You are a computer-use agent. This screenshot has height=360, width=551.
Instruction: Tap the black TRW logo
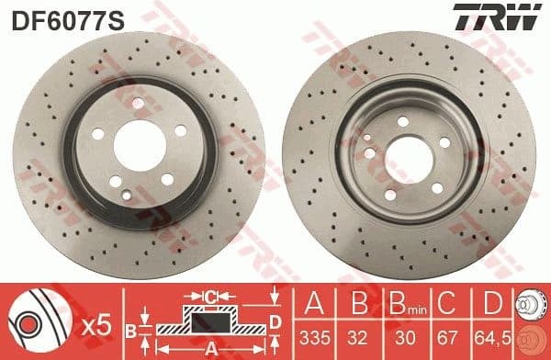[507, 17]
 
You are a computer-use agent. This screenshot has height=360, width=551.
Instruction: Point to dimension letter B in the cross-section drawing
[131, 327]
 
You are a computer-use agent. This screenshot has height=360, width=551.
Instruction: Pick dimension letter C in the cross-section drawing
[210, 297]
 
